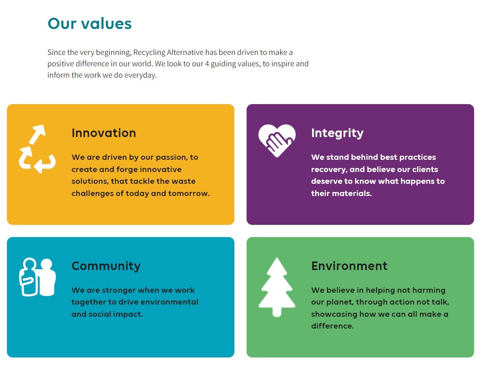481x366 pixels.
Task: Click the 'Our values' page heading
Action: click(89, 24)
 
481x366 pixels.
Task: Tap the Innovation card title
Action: click(104, 133)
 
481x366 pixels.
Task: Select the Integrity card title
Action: click(337, 133)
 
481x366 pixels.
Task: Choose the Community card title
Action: click(106, 266)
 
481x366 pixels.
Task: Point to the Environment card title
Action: click(349, 266)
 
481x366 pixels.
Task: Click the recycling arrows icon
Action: click(37, 149)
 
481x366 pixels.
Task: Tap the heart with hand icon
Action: click(277, 141)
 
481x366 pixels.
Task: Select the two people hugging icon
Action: click(37, 277)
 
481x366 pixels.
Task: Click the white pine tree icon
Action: click(277, 287)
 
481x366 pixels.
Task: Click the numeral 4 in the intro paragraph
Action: click(207, 64)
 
